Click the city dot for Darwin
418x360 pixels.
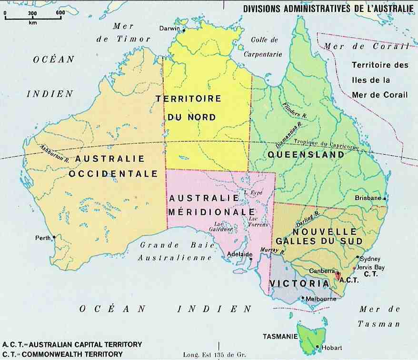click(x=183, y=31)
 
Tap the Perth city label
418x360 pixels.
click(x=42, y=237)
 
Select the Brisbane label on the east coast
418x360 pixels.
click(x=368, y=198)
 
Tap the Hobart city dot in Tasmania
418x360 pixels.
click(x=317, y=346)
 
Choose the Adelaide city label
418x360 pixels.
click(x=239, y=254)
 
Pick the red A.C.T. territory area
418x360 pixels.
click(x=338, y=275)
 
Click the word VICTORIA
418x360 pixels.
click(x=299, y=283)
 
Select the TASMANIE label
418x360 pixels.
click(x=279, y=336)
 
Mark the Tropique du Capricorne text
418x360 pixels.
click(x=333, y=144)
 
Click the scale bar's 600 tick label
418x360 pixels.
click(x=60, y=13)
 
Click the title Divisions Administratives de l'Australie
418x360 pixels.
click(x=328, y=8)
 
